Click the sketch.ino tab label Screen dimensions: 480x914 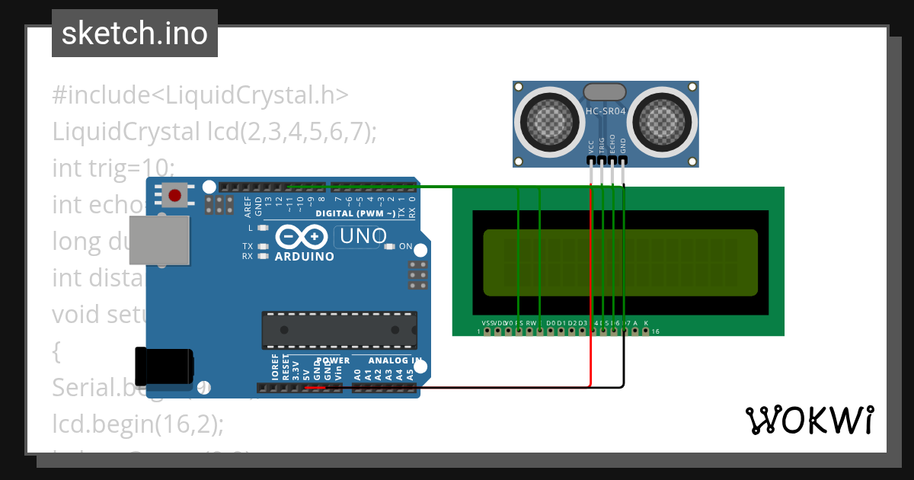click(134, 34)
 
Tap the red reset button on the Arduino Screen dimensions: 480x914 click(175, 196)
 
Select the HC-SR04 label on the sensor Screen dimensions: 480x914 click(606, 112)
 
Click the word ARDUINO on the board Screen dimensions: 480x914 click(304, 257)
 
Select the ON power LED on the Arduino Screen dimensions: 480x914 click(389, 246)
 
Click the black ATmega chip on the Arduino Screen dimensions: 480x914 click(339, 329)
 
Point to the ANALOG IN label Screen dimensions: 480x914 click(395, 360)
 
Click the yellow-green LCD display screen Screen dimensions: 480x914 click(620, 262)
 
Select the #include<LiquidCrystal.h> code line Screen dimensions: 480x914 click(200, 95)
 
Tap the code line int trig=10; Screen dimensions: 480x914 click(113, 168)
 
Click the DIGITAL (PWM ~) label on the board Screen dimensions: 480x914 click(355, 213)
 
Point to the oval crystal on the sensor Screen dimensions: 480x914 click(605, 91)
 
